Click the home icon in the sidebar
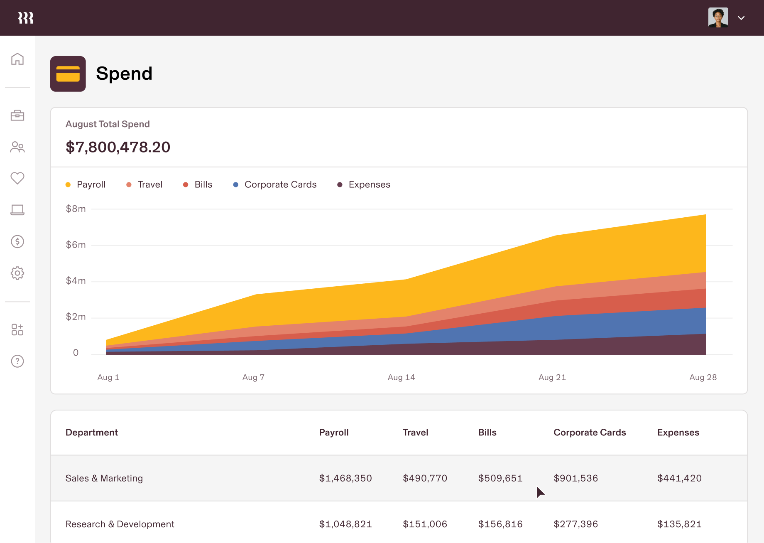click(17, 59)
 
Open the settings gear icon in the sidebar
click(17, 273)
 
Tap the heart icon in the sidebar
click(17, 178)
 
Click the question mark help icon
click(17, 361)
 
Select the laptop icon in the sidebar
click(17, 210)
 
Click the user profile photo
click(718, 18)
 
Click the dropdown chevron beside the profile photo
click(741, 18)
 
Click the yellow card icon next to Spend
click(68, 74)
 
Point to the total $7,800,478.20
click(118, 147)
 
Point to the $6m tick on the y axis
click(76, 245)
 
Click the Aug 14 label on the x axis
click(401, 377)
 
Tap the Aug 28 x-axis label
click(703, 377)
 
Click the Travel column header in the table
click(415, 432)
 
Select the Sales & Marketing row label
click(104, 478)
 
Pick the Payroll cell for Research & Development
click(345, 524)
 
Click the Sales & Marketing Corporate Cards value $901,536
click(575, 478)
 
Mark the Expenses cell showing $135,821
click(679, 524)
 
